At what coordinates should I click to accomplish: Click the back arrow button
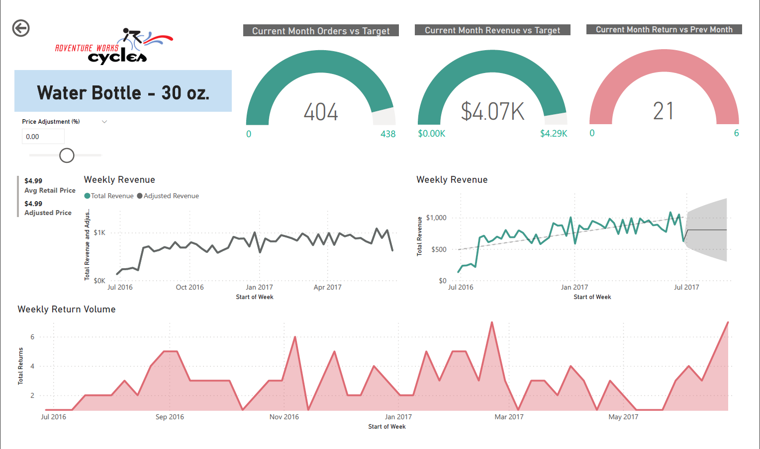tap(21, 28)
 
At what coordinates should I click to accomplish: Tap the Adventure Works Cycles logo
tap(114, 47)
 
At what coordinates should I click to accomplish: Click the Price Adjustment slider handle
tap(67, 155)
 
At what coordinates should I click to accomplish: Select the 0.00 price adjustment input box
tap(43, 137)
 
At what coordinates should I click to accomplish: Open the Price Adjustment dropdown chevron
tap(104, 122)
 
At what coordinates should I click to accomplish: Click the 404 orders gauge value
tap(321, 112)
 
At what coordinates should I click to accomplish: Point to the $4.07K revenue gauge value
tap(492, 111)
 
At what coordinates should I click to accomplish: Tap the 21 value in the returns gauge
tap(664, 111)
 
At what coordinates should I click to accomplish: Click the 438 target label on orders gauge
tap(388, 134)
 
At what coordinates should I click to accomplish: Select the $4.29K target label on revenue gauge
tap(554, 134)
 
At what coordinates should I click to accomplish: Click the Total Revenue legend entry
tap(109, 196)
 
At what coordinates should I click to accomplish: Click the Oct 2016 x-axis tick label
tap(190, 287)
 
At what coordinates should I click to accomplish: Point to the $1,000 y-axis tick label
tap(436, 218)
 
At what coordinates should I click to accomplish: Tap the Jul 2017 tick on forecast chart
tap(686, 287)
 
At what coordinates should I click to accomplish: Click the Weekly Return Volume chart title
tap(67, 309)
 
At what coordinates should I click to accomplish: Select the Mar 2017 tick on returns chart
tap(509, 417)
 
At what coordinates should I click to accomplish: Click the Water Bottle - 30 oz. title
tap(123, 92)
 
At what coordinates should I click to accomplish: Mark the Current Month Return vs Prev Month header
tap(664, 30)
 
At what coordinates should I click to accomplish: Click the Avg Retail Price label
tap(50, 190)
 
